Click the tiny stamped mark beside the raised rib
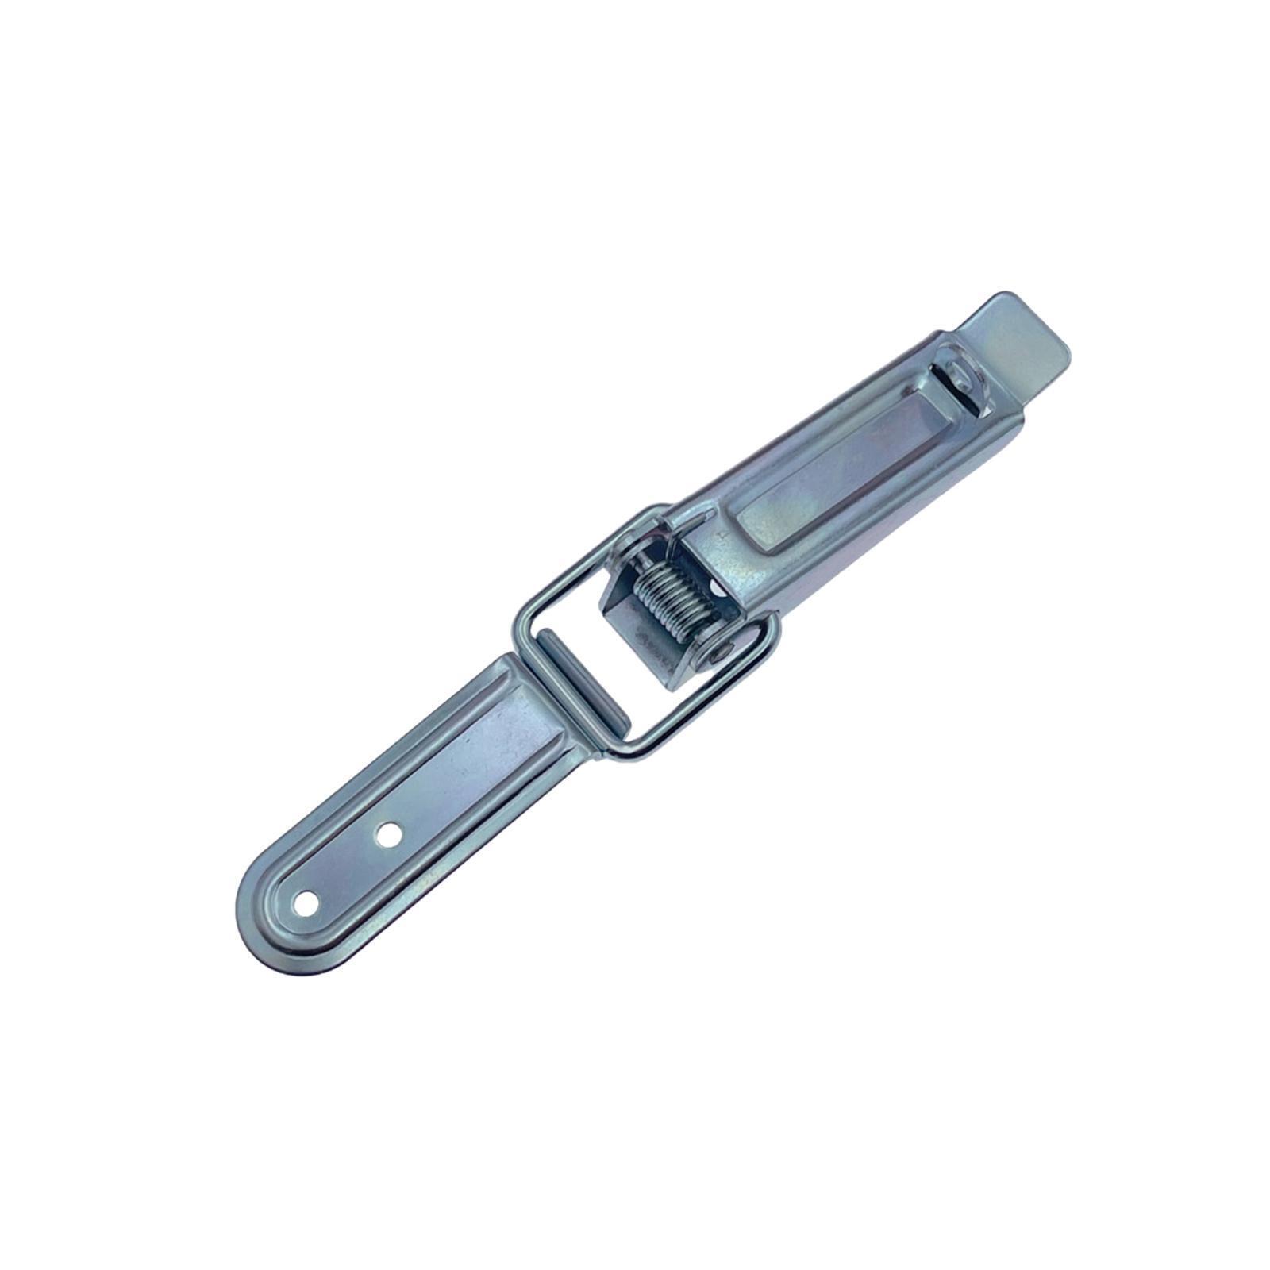(722, 536)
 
